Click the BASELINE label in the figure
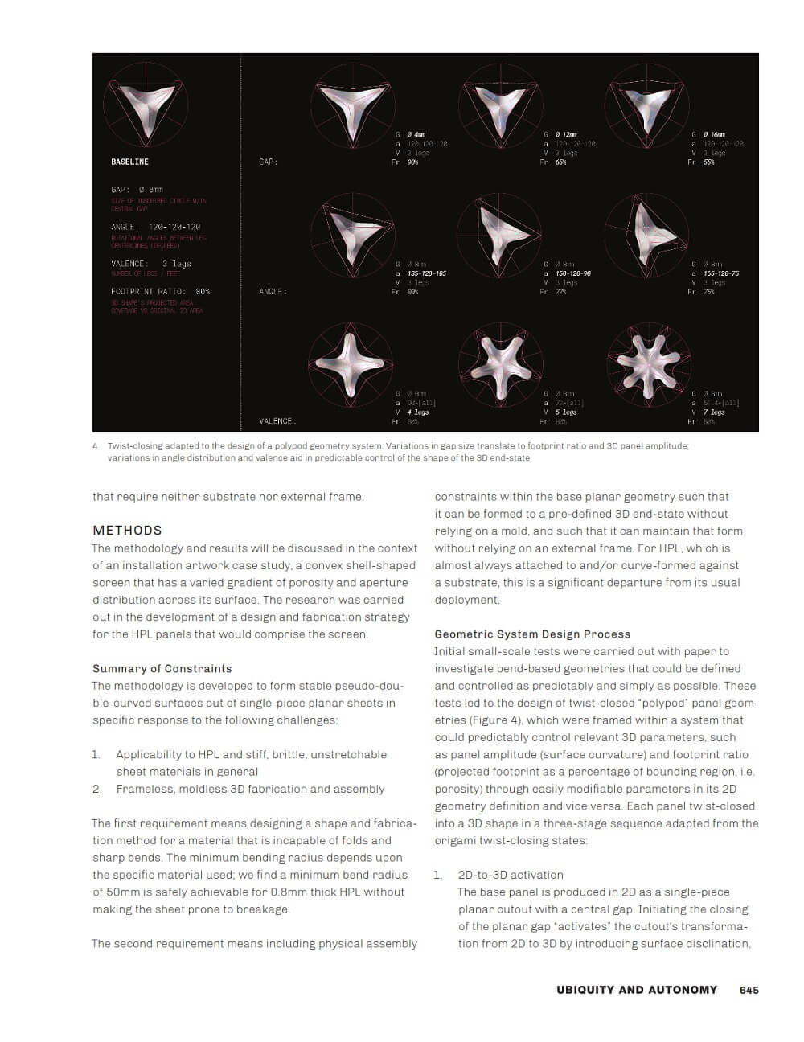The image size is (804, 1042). point(129,162)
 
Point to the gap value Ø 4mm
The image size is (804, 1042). point(416,134)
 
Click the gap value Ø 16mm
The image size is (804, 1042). point(714,134)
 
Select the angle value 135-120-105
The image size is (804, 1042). point(427,273)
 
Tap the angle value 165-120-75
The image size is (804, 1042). point(721,273)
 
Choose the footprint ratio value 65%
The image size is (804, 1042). point(560,162)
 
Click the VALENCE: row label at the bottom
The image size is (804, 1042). point(277,421)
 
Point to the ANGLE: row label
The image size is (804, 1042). point(273,292)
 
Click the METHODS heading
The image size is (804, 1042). point(127,531)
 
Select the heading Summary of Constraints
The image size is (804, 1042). point(162,668)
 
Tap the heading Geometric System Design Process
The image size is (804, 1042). point(532,634)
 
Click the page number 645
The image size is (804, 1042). point(749,990)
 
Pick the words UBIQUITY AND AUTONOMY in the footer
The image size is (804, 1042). point(636,990)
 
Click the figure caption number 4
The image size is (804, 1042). point(95,446)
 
